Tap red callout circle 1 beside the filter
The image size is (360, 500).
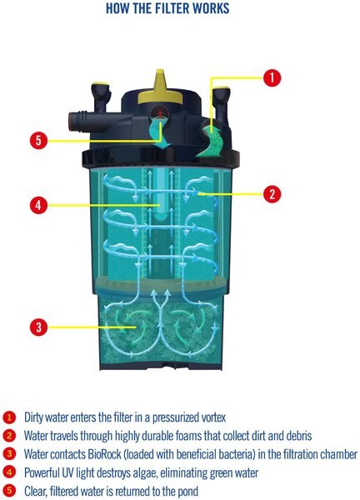click(x=272, y=77)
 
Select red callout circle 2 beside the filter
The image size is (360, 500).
click(x=272, y=193)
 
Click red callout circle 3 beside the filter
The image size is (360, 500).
click(x=38, y=327)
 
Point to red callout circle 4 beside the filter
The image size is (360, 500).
click(x=38, y=205)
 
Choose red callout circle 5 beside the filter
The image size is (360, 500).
click(x=38, y=140)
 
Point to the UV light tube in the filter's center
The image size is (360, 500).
click(x=160, y=193)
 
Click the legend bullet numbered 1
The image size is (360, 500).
click(x=9, y=417)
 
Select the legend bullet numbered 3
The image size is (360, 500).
click(x=9, y=454)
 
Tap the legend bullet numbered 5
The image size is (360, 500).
click(x=9, y=491)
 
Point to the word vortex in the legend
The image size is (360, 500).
click(x=214, y=417)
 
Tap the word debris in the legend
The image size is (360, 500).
click(x=299, y=436)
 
